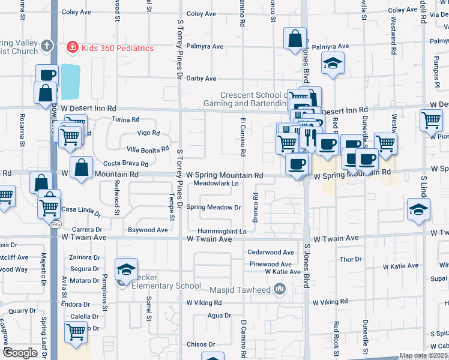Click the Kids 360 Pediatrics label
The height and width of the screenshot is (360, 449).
point(118,48)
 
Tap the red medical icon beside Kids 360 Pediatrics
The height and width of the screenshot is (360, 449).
point(71,47)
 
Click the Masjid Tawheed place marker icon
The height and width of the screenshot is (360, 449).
point(279,290)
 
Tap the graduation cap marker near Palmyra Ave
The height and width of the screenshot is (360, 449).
point(333,63)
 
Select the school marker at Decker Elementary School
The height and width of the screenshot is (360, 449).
point(126,270)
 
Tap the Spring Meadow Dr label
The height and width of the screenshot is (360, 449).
point(214,208)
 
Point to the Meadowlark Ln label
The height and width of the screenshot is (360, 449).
point(217,184)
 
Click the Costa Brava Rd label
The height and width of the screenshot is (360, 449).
point(126,164)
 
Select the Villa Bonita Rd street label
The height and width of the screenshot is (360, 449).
point(143,149)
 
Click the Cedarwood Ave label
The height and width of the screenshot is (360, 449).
point(271,253)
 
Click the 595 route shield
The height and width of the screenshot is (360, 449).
point(55,224)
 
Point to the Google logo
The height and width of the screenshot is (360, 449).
point(20,353)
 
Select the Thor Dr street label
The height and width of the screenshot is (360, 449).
point(351,259)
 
